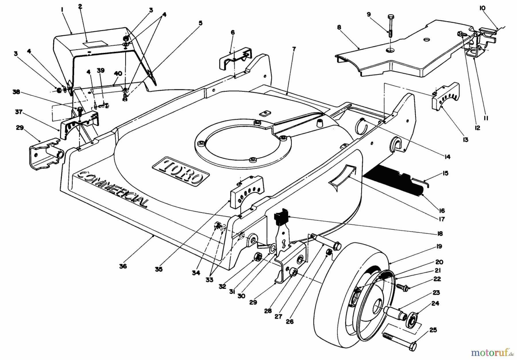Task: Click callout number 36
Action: click(123, 266)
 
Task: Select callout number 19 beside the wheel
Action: click(439, 247)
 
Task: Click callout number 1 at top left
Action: click(62, 9)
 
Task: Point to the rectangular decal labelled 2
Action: click(95, 43)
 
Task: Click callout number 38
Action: click(16, 92)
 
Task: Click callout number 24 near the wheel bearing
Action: click(435, 303)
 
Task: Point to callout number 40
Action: click(118, 74)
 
